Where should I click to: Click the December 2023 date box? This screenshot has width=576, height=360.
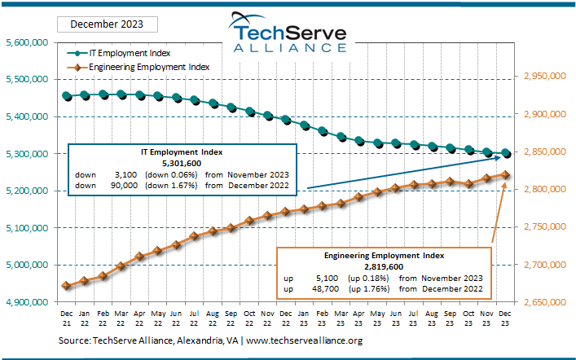click(x=103, y=24)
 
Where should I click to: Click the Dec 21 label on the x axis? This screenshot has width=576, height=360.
click(x=67, y=318)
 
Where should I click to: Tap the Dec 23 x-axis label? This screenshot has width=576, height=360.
click(x=506, y=318)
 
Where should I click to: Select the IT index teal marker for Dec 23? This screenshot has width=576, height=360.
click(x=506, y=153)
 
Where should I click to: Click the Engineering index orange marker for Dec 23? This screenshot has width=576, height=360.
click(x=506, y=174)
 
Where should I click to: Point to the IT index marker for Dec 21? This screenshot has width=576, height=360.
click(x=67, y=96)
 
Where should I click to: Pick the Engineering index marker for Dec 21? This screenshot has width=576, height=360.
click(x=67, y=286)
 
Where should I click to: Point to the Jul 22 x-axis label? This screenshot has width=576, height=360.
click(x=194, y=318)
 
